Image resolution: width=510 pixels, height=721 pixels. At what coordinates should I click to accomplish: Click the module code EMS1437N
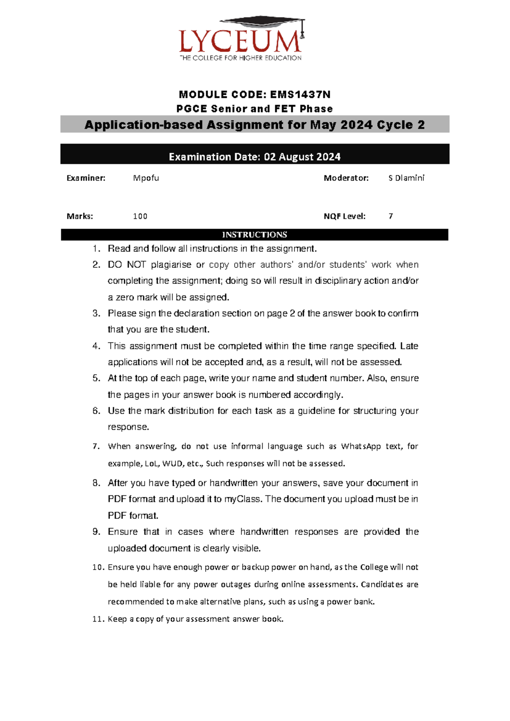point(300,94)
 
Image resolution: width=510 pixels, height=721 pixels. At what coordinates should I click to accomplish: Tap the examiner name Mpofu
point(146,178)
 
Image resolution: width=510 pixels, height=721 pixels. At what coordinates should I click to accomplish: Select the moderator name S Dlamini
point(406,178)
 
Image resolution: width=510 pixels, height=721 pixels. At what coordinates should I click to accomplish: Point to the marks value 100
point(140,216)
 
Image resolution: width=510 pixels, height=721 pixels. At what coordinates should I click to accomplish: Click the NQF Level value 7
point(391,216)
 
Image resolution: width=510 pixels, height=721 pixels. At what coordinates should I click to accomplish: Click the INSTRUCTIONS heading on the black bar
point(255,235)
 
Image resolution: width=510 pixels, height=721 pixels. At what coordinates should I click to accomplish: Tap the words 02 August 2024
point(302,157)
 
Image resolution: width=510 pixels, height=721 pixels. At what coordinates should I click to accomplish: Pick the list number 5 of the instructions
point(96,378)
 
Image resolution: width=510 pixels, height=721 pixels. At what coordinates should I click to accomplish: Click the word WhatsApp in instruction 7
point(361,446)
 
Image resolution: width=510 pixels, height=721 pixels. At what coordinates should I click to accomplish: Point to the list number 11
point(98,619)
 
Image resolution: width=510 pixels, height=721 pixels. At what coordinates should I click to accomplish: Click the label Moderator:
point(346,178)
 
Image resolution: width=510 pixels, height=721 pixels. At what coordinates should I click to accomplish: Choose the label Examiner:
point(86,178)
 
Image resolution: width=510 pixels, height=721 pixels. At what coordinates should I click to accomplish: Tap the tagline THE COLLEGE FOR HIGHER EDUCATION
point(241,58)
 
